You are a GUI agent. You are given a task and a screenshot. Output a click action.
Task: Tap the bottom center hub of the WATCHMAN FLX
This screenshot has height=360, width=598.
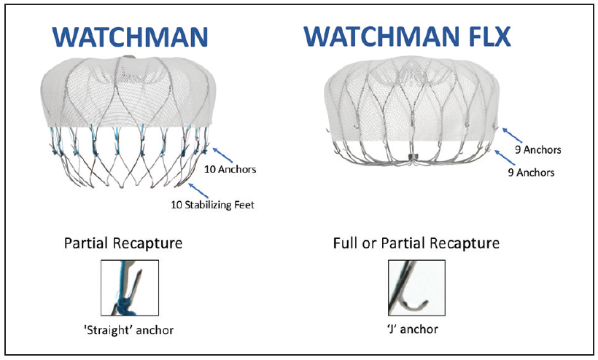(413, 157)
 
